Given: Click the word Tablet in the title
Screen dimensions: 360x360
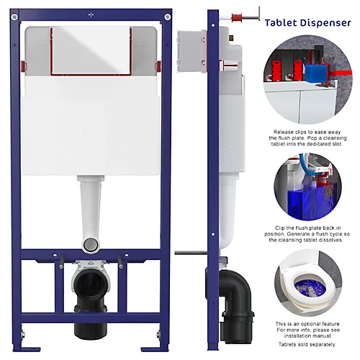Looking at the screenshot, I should [282, 22].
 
